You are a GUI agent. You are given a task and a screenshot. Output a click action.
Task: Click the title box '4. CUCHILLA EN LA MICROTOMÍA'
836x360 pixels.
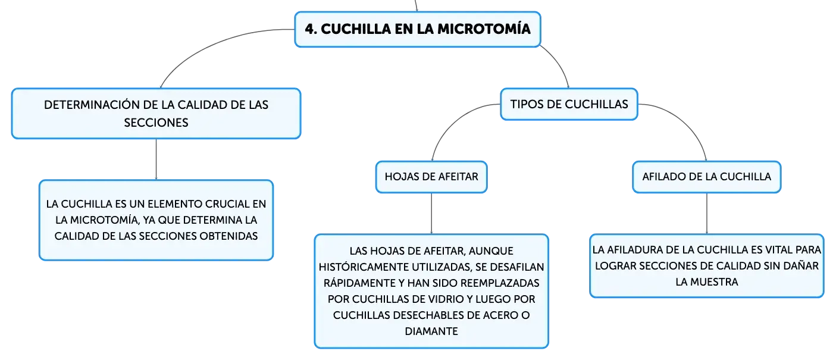click(418, 29)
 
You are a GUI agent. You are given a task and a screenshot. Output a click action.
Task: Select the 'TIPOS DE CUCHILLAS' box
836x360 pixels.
click(569, 104)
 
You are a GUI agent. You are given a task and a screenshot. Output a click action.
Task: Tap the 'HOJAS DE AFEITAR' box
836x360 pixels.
click(431, 177)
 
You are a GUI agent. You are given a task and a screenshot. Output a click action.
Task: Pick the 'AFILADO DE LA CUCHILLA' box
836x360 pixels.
click(706, 177)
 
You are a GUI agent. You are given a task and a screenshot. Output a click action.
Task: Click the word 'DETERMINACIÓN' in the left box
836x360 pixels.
click(92, 105)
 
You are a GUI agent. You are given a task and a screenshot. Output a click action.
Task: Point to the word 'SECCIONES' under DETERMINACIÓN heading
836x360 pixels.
click(156, 123)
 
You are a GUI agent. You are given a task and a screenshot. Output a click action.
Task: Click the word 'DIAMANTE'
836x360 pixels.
click(431, 331)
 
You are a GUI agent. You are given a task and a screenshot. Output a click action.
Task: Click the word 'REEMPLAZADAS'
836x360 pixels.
click(500, 283)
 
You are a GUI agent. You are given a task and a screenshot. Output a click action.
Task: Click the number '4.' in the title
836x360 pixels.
click(311, 29)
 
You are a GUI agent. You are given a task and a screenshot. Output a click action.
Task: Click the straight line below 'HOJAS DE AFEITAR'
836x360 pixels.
click(431, 214)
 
